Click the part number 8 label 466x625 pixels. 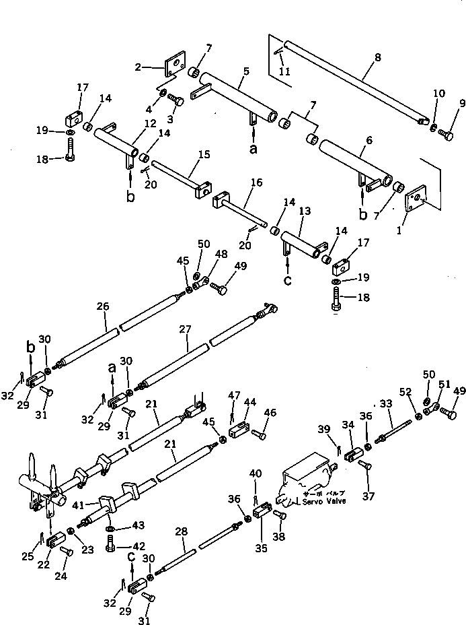[x=377, y=58]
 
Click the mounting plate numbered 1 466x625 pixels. [x=416, y=200]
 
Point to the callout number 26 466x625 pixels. [x=102, y=306]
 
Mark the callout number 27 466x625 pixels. [x=186, y=329]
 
